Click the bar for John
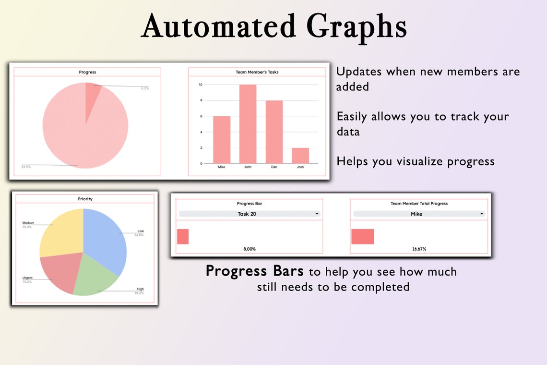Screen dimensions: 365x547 tap(248, 124)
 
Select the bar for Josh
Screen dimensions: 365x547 tap(300, 156)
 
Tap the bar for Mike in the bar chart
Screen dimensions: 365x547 tap(222, 140)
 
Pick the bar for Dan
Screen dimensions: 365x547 tap(274, 132)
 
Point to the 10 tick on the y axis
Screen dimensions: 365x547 tap(200, 85)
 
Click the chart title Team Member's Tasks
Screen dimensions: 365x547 tap(257, 72)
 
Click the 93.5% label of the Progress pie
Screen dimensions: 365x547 tap(25, 167)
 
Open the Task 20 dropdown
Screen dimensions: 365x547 tap(249, 214)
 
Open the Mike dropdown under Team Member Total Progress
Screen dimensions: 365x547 tap(419, 214)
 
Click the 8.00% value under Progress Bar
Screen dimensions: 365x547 tap(249, 249)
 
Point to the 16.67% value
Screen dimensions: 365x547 tap(419, 249)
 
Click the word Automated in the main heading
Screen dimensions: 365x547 tap(218, 26)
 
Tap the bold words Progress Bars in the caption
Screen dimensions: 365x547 tap(254, 271)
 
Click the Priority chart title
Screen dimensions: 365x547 tap(85, 199)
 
